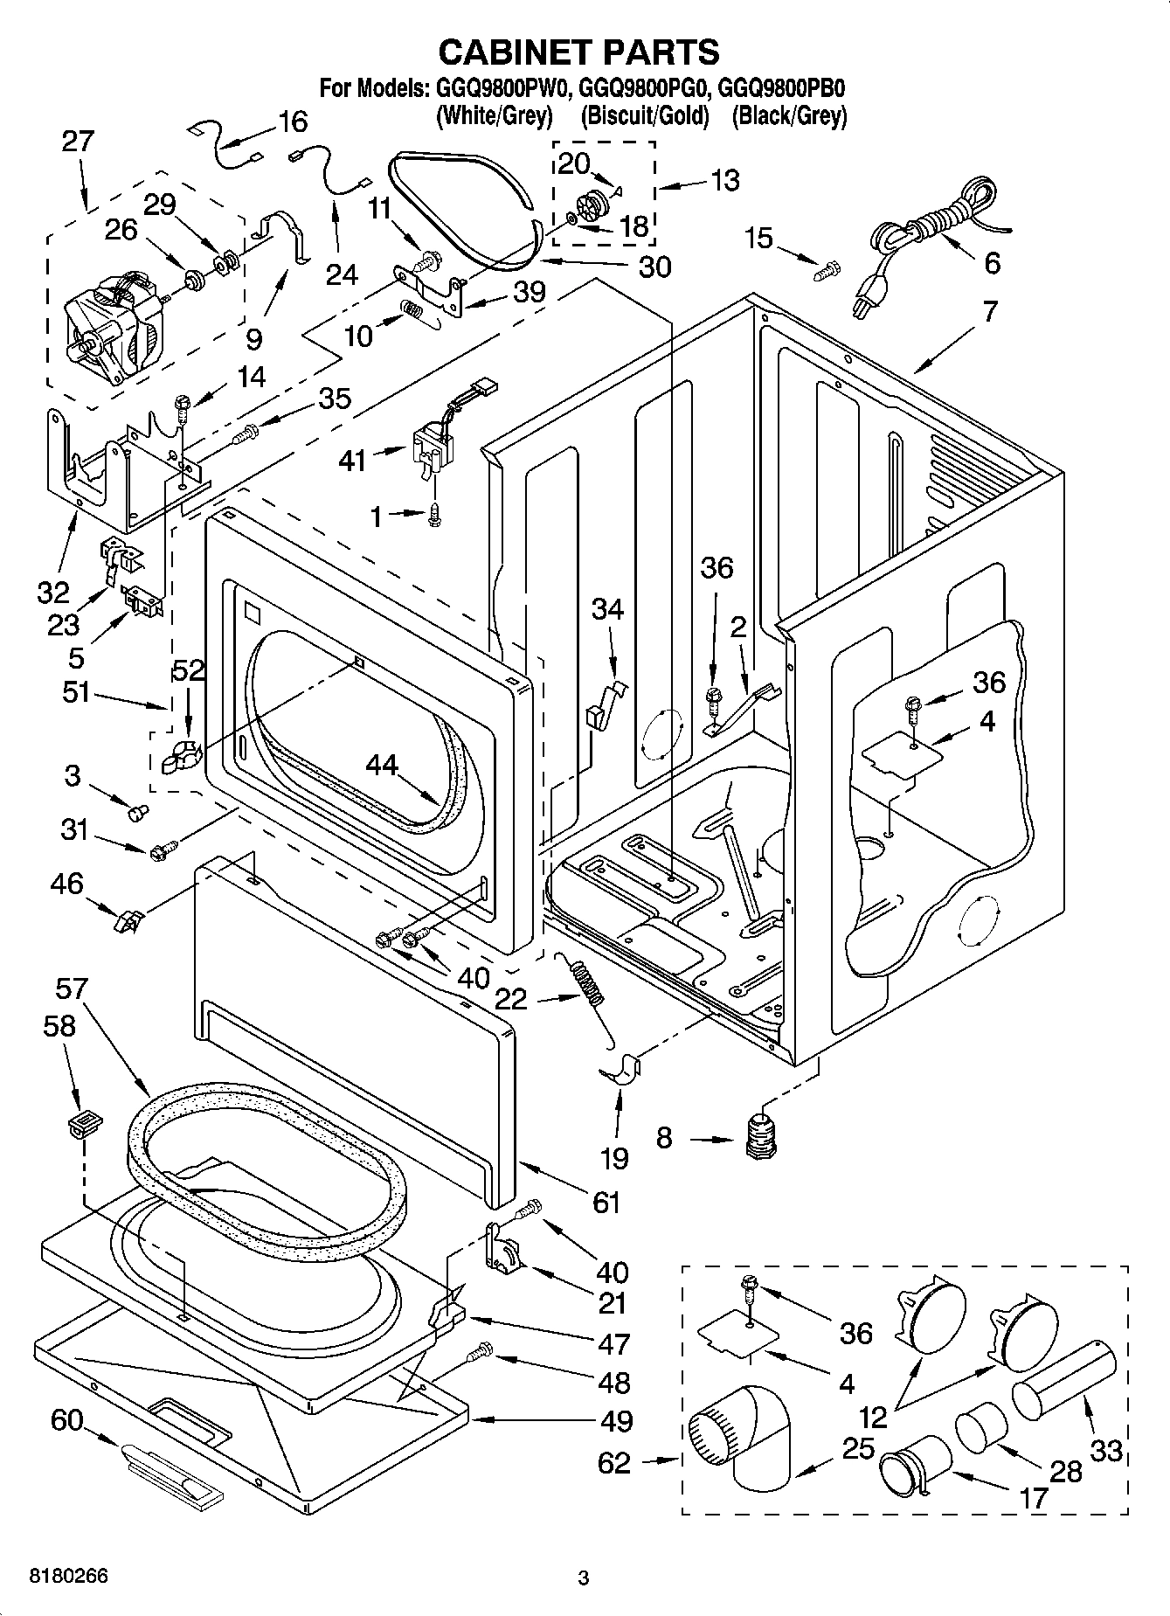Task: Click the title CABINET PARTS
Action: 578,52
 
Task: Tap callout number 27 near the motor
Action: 77,142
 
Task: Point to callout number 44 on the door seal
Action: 382,766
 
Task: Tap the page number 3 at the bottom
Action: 583,1578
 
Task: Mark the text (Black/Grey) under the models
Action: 789,114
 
